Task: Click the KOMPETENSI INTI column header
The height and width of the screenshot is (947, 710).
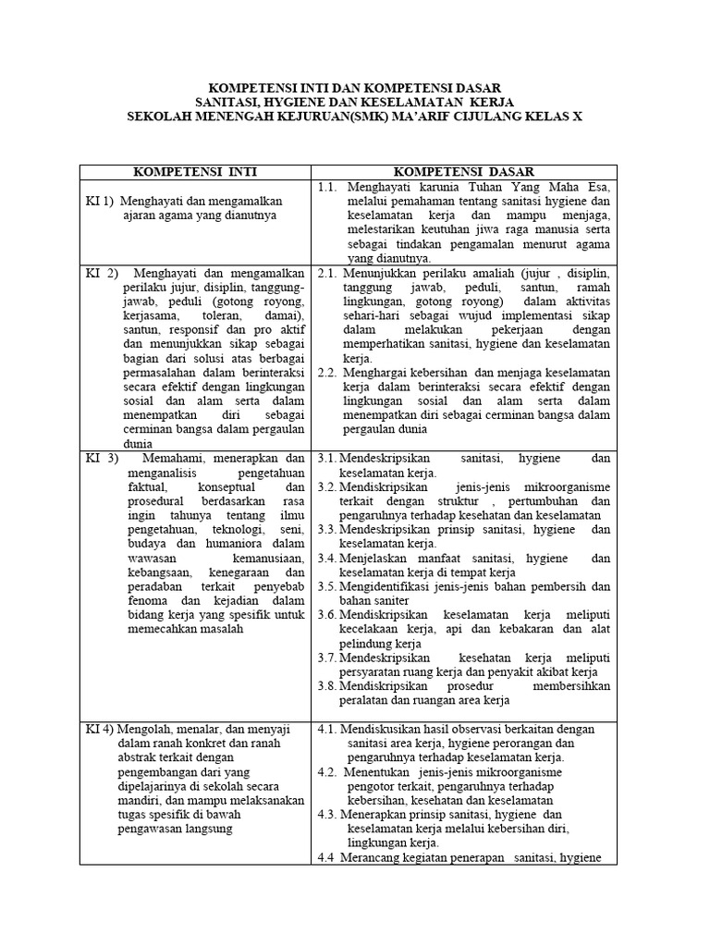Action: pos(195,172)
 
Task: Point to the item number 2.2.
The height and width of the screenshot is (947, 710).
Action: pos(326,373)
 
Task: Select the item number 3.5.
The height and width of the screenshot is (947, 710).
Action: pos(326,586)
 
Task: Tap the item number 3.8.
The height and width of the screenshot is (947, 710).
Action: pos(326,686)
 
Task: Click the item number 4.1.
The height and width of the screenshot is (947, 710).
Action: pos(327,729)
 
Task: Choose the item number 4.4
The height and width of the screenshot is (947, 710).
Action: pos(327,857)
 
